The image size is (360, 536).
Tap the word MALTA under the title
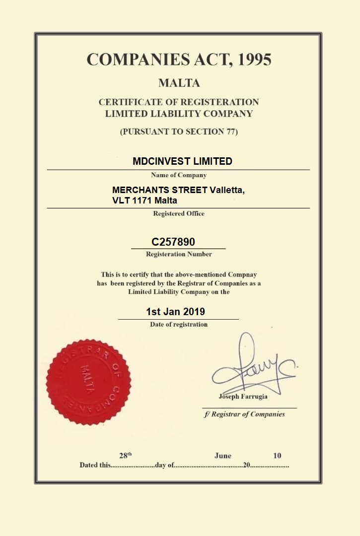click(x=179, y=83)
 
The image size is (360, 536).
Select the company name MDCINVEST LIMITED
click(x=182, y=161)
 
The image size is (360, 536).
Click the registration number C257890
click(x=173, y=242)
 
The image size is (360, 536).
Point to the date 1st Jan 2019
click(x=175, y=312)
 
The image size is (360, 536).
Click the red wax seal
click(x=88, y=382)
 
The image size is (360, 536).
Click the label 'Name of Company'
click(x=179, y=175)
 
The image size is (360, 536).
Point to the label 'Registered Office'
click(x=179, y=214)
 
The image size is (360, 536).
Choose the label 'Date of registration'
click(x=179, y=325)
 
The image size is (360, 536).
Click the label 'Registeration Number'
click(x=179, y=254)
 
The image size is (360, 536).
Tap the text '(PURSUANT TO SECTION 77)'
click(x=179, y=132)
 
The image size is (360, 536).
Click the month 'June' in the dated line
click(x=222, y=456)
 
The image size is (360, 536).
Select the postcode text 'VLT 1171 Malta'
click(x=145, y=201)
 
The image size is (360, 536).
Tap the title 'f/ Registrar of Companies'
click(x=244, y=414)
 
